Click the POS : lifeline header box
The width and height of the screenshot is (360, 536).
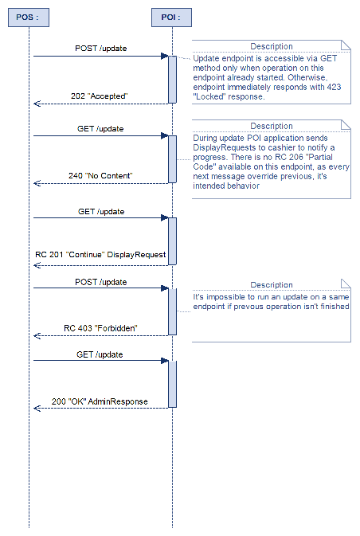point(29,17)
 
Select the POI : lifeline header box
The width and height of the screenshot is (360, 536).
point(172,17)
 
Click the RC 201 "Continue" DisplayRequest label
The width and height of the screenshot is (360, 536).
point(100,255)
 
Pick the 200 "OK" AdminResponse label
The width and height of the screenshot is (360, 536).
point(100,401)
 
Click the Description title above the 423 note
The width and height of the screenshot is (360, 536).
point(272,46)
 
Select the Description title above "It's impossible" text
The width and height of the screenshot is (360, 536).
point(272,285)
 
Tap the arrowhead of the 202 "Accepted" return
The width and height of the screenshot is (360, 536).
point(37,103)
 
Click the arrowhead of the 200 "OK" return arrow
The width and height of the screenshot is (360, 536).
point(37,408)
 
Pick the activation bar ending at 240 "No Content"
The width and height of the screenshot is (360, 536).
point(172,158)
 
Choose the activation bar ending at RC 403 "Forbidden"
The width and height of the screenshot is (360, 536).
point(172,311)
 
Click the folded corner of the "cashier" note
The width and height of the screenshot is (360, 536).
point(346,124)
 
